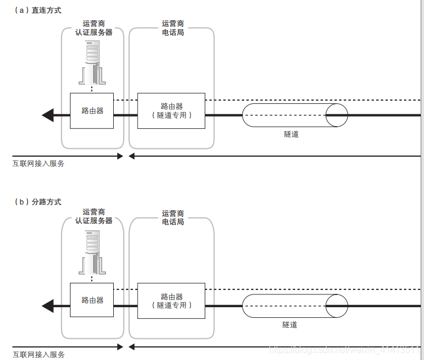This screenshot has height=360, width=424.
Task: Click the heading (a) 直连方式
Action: coord(38,10)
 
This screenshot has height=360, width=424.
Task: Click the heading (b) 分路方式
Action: coord(38,202)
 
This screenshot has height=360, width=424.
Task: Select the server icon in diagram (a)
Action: coord(92,63)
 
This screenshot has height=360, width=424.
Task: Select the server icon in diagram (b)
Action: coord(92,253)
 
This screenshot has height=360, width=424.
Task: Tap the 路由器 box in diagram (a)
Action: coord(92,111)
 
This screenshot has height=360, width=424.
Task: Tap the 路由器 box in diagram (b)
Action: coord(92,301)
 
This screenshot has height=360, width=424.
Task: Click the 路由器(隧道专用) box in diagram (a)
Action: coord(171,111)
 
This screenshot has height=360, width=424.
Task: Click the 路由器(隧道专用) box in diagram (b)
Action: coord(171,301)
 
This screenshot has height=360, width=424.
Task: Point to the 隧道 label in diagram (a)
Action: coord(291,134)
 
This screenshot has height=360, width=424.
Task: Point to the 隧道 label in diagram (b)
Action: coord(290,324)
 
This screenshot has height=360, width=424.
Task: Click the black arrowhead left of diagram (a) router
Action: coord(48,115)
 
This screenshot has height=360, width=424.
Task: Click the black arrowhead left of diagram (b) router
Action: coord(48,306)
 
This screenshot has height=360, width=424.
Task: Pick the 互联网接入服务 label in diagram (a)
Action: coord(39,164)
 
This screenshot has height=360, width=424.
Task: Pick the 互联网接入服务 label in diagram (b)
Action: coord(39,354)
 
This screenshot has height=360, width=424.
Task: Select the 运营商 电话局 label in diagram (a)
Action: coord(173,28)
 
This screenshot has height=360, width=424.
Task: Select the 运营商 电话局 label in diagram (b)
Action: coord(173,218)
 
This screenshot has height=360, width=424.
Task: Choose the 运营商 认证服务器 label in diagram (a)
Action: coord(94,28)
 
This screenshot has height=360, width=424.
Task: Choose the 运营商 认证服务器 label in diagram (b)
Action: coord(94,217)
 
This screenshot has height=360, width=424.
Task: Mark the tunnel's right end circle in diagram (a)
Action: coord(336,115)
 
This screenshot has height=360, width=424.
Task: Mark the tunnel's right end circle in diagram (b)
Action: coord(336,306)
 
